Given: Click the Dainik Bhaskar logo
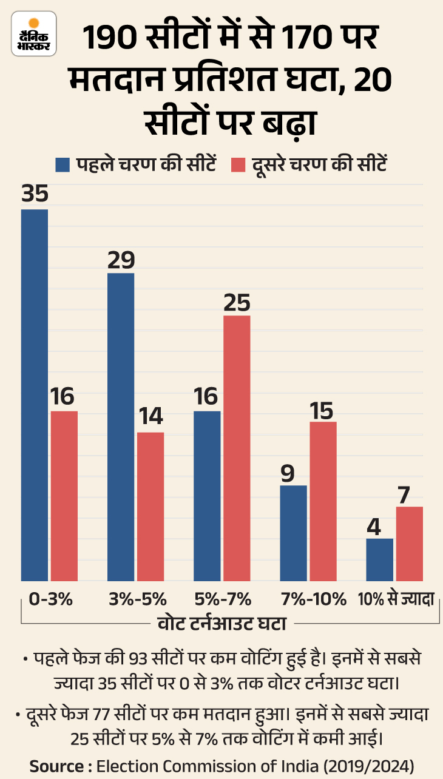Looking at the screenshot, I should click(x=33, y=33).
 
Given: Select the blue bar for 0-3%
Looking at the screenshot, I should click(x=35, y=394).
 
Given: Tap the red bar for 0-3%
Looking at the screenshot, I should click(x=64, y=496).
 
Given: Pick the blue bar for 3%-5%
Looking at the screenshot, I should click(x=121, y=427).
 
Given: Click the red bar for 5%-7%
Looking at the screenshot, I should click(x=237, y=448).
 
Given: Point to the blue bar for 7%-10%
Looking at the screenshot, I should click(x=293, y=533).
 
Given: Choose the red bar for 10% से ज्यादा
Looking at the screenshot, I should click(x=409, y=544).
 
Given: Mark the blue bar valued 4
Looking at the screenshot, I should click(x=380, y=559).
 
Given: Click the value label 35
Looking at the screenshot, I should click(x=35, y=195).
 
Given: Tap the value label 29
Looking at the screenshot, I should click(x=121, y=259).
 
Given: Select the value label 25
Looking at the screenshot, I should click(x=237, y=302).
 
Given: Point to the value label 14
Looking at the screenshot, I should click(x=150, y=418).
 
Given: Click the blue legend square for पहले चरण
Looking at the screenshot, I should click(x=63, y=164).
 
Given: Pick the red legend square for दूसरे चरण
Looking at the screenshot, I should click(x=238, y=164).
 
